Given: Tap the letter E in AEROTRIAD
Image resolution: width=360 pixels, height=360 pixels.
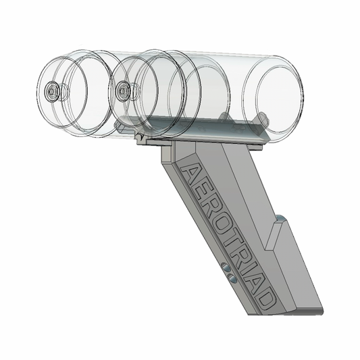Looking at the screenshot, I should [x=201, y=188].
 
